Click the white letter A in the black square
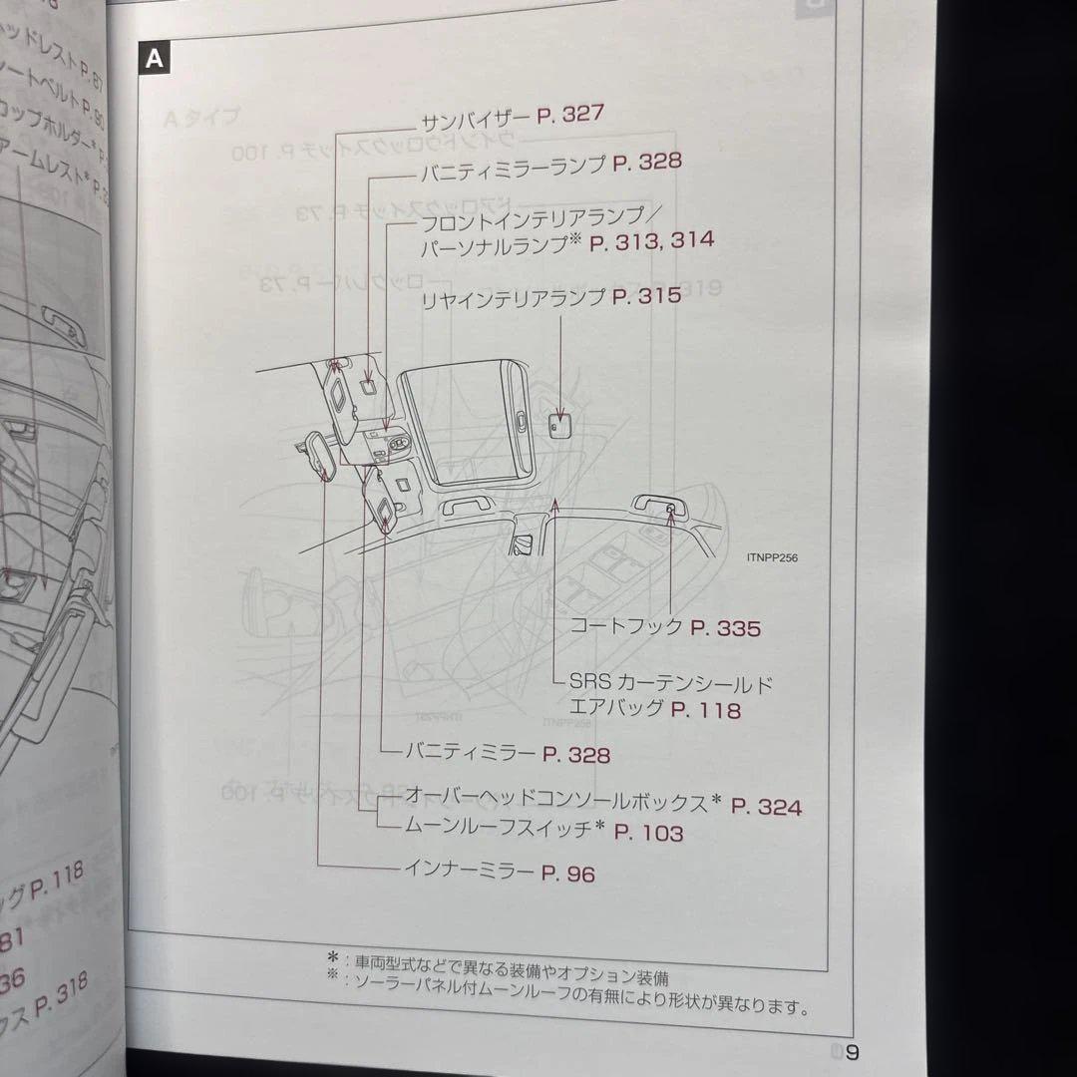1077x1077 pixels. pyautogui.click(x=155, y=58)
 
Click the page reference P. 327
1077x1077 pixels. pyautogui.click(x=569, y=115)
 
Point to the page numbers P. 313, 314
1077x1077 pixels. pyautogui.click(x=651, y=240)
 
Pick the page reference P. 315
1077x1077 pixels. pyautogui.click(x=647, y=296)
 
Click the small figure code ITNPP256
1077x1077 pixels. pyautogui.click(x=771, y=558)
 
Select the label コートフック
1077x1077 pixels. pyautogui.click(x=625, y=627)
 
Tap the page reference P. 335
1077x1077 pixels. pyautogui.click(x=725, y=628)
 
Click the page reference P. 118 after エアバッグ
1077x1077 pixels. pyautogui.click(x=706, y=710)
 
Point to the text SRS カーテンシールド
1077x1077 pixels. pyautogui.click(x=671, y=684)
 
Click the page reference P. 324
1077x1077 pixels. pyautogui.click(x=766, y=807)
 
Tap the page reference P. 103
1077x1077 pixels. pyautogui.click(x=648, y=832)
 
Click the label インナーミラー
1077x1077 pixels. pyautogui.click(x=468, y=870)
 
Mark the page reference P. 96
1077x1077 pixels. pyautogui.click(x=567, y=874)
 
